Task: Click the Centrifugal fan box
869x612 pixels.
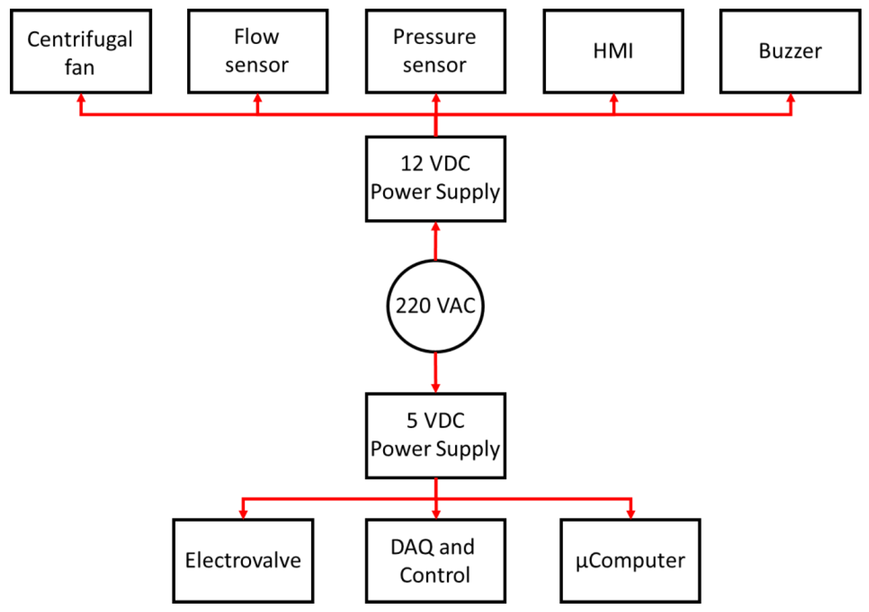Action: tap(81, 52)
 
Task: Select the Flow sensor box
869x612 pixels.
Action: tap(258, 52)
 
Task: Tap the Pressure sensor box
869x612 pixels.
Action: tap(435, 52)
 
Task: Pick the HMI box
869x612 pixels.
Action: tap(613, 52)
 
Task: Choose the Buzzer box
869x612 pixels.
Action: tap(790, 52)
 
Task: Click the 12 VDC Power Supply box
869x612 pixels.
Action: tap(435, 179)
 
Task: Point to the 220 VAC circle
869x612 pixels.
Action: tap(435, 306)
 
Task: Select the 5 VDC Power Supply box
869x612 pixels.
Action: tap(435, 436)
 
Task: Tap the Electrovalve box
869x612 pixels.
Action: tap(243, 561)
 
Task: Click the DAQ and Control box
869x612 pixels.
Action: tap(435, 561)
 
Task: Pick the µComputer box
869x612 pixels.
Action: tap(630, 561)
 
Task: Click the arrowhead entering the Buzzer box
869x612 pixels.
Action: tap(791, 98)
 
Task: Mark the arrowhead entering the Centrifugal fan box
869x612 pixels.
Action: tap(81, 98)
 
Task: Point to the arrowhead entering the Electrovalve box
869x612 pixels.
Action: tap(243, 513)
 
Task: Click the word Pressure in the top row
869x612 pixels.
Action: tap(435, 37)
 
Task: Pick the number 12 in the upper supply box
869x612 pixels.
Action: tap(411, 164)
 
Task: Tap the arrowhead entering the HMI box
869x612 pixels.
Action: tap(614, 98)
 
